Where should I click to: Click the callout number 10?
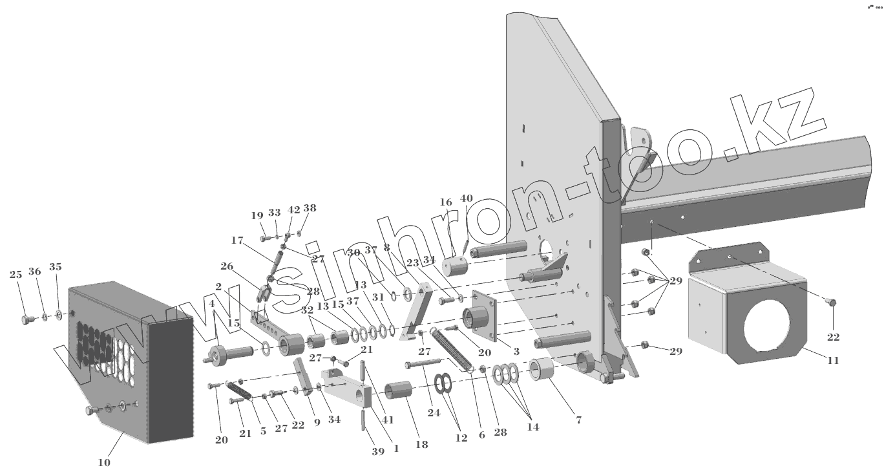point(104,462)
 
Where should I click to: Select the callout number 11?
point(833,361)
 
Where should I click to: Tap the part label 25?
point(16,275)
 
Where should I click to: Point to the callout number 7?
point(578,420)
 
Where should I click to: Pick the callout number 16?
point(446,202)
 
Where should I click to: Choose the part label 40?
point(467,198)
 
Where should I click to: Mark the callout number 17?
point(237,240)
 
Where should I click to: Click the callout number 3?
point(516,351)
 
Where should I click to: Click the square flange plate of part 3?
point(485,315)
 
